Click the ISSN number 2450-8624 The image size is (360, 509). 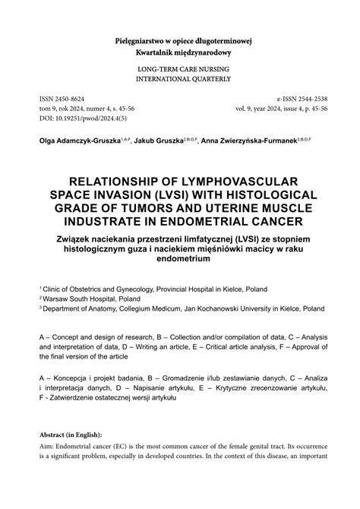(x=66, y=100)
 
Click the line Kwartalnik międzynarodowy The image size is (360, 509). (x=179, y=52)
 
